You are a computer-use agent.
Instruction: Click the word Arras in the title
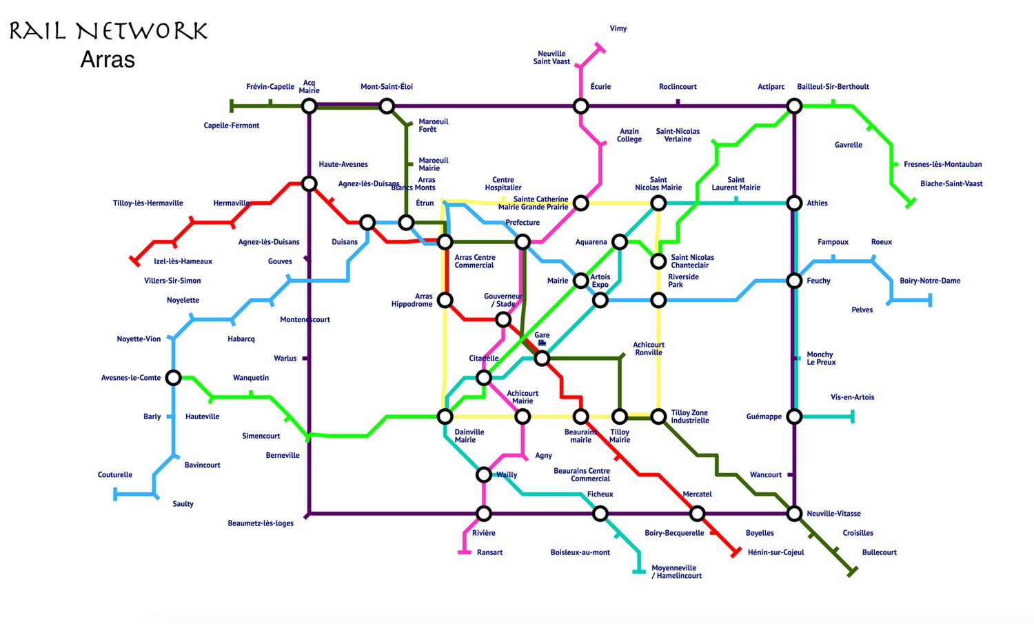point(108,59)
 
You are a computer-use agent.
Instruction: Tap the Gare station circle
point(542,358)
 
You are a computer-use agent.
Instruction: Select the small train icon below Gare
point(542,343)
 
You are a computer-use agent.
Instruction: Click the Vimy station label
point(618,29)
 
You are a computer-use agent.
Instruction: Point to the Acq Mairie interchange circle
point(309,106)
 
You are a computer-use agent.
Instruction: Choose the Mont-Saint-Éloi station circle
point(387,106)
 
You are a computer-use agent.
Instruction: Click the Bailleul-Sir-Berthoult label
point(833,87)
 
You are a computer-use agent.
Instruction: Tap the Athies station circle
point(794,203)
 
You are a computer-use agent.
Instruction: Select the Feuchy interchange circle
point(794,281)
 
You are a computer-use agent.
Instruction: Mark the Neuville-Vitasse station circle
point(794,514)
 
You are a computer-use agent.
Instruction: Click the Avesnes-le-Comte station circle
point(174,378)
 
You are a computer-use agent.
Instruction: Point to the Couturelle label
point(115,475)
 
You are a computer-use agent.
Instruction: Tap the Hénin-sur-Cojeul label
point(775,552)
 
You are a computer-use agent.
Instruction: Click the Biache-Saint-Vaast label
point(951,184)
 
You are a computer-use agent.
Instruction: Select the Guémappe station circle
point(794,416)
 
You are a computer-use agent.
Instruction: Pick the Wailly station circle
point(484,474)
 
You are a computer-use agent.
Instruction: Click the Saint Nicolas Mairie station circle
point(658,203)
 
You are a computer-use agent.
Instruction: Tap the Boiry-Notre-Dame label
point(929,281)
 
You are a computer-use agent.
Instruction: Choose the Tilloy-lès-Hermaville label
point(148,203)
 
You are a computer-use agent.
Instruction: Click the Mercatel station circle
point(697,514)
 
